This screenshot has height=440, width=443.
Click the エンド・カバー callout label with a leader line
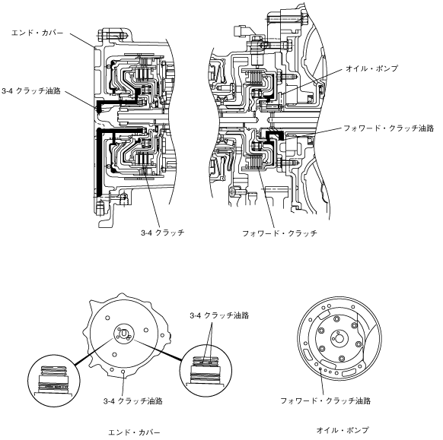(37, 33)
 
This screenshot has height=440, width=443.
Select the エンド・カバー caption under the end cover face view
(134, 432)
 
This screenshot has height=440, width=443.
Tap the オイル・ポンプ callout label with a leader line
(372, 68)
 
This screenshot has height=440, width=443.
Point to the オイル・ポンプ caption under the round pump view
(343, 430)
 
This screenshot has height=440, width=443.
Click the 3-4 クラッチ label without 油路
(163, 233)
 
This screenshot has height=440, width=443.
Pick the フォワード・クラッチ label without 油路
(280, 233)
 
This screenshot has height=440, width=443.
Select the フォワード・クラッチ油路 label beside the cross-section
(389, 128)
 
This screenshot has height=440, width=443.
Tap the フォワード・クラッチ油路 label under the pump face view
(326, 400)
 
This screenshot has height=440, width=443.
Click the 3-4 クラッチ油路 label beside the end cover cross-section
(31, 91)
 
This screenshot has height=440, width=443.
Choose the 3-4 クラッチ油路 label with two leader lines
(219, 315)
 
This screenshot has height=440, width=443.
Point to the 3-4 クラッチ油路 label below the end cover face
(132, 400)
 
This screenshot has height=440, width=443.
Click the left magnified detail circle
(54, 381)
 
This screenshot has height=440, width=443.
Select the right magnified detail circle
(206, 371)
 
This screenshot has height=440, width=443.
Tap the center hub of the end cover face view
(124, 334)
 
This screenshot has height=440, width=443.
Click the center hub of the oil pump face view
(339, 338)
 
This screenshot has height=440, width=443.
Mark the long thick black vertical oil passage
(99, 162)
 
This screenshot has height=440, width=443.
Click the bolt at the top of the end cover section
(112, 36)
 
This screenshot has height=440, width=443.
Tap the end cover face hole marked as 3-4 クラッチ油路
(123, 372)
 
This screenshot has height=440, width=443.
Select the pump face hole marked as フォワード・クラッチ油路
(320, 369)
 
